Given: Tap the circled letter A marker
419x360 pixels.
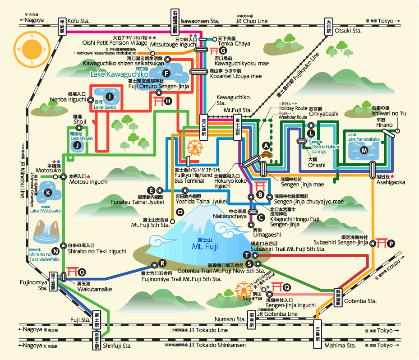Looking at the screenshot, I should click(x=266, y=145).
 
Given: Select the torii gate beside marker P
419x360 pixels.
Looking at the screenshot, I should click(x=382, y=243).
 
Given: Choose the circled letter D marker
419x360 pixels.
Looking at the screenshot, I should click(x=180, y=212).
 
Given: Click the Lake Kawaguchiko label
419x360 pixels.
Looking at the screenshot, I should click(x=120, y=74).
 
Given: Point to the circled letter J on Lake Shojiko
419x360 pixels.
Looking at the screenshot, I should click(x=77, y=145).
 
